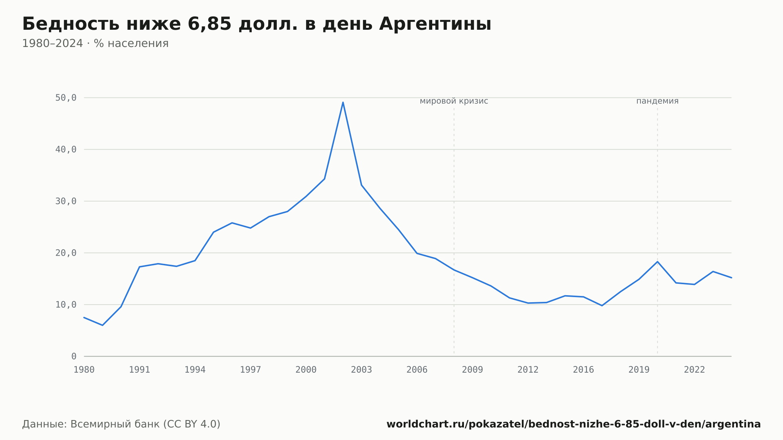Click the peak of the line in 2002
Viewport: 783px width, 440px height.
[x=343, y=102]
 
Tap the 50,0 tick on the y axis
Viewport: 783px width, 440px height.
[x=66, y=98]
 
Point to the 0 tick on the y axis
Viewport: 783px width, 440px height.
[x=74, y=357]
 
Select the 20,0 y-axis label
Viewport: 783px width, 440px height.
[x=66, y=253]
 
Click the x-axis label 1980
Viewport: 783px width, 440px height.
[x=84, y=370]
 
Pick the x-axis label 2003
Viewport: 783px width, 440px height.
[x=361, y=370]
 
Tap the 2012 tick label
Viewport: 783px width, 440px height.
[x=528, y=370]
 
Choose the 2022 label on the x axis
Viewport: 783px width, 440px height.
[x=695, y=370]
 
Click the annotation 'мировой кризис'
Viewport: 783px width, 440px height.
[x=454, y=101]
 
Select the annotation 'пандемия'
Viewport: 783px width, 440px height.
[x=657, y=101]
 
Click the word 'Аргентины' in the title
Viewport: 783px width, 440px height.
[x=435, y=24]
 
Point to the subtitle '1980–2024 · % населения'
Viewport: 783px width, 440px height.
[x=95, y=43]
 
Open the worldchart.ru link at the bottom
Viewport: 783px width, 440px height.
[x=574, y=424]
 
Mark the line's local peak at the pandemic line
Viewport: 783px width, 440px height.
[x=657, y=261]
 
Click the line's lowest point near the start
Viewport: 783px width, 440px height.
[x=103, y=325]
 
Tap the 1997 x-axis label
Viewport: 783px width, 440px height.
[x=251, y=370]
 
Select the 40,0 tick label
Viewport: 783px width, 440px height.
[x=66, y=150]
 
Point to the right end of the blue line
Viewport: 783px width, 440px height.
[x=731, y=278]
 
